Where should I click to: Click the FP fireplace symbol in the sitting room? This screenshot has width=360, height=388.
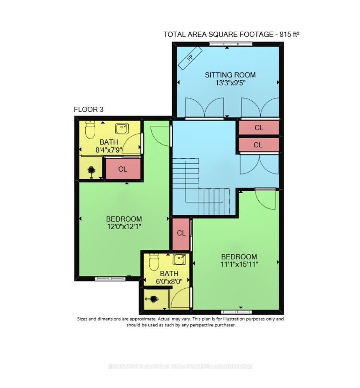190,58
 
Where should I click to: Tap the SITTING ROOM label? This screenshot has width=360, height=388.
230,75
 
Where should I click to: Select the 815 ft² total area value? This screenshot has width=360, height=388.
289,34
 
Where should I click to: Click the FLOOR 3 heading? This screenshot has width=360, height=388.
88,109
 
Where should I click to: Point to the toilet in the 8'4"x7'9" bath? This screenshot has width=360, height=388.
90,130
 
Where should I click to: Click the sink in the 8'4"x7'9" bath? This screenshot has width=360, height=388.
122,129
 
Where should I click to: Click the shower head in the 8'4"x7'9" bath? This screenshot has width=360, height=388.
91,171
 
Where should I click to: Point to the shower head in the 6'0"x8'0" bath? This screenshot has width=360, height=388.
153,299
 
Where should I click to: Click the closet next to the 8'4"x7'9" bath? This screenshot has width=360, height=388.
123,169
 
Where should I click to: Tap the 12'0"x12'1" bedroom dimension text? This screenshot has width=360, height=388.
124,227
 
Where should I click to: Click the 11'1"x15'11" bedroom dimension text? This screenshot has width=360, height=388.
239,264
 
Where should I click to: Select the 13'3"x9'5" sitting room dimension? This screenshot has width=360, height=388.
230,83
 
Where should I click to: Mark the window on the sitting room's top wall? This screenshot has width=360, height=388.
230,44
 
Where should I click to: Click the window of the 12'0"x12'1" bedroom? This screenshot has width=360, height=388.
110,279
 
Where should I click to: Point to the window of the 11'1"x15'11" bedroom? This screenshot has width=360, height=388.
236,312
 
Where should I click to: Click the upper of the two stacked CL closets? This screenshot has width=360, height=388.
259,128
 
